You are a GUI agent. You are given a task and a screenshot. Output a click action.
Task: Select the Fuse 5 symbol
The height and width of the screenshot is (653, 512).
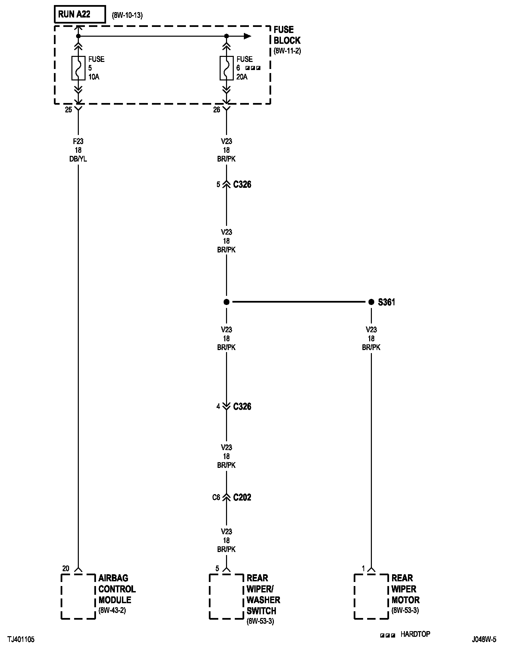click(78, 68)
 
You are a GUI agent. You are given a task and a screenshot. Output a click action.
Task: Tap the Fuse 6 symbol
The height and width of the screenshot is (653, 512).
click(226, 68)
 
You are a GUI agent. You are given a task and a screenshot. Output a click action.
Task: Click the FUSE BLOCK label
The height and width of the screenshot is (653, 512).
click(287, 35)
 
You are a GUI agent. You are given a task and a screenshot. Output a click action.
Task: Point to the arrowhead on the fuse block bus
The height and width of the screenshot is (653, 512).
click(248, 36)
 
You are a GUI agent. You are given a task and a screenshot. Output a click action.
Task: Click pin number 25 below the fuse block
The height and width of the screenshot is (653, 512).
click(68, 110)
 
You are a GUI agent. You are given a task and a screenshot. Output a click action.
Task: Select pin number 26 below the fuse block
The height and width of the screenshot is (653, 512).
click(217, 110)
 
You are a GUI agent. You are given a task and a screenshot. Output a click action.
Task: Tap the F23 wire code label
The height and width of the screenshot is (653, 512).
click(78, 142)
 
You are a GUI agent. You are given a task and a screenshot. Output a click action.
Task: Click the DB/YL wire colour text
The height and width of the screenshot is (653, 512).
click(78, 159)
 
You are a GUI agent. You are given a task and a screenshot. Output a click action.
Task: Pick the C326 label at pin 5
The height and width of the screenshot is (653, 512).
click(242, 184)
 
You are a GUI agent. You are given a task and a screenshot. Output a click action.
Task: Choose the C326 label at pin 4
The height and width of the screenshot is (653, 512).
click(242, 407)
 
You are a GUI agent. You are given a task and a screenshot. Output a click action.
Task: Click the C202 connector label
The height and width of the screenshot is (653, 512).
click(242, 497)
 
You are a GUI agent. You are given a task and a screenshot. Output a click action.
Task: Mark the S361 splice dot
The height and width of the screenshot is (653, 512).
click(371, 302)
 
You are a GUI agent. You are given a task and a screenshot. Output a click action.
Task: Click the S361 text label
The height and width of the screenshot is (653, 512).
click(386, 302)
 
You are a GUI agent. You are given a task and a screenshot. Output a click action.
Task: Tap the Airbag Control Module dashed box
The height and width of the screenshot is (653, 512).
click(78, 596)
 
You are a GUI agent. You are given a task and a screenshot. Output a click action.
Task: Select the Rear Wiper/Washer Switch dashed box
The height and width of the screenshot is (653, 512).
click(226, 596)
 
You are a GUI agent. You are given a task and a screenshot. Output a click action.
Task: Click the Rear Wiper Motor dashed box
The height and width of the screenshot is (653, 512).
click(371, 596)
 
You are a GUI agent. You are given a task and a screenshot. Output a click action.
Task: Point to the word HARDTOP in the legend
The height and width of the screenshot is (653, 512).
click(415, 634)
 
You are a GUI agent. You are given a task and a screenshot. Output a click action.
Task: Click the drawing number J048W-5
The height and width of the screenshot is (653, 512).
click(484, 640)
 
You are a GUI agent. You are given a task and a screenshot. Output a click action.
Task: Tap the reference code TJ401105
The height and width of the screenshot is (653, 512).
click(21, 640)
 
